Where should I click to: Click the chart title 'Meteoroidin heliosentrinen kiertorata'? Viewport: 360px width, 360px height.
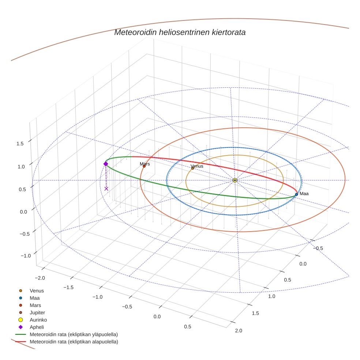click(x=180, y=32)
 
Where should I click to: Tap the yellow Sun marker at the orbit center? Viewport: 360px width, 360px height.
click(x=235, y=180)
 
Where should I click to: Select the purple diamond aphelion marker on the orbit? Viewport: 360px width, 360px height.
click(x=106, y=164)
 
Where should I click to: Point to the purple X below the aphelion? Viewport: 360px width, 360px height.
click(x=106, y=189)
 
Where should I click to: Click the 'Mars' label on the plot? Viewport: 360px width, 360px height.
click(x=145, y=164)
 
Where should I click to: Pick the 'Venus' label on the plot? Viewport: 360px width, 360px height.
click(x=197, y=166)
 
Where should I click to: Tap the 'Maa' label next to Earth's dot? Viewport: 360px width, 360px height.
click(x=304, y=194)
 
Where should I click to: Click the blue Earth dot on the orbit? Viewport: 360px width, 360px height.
click(x=296, y=194)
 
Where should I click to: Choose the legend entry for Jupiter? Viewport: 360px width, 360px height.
click(x=37, y=312)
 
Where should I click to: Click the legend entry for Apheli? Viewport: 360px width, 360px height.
click(x=37, y=327)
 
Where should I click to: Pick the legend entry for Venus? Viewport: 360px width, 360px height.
click(x=37, y=290)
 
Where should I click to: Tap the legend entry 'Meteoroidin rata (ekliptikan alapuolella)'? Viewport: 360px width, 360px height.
click(x=74, y=342)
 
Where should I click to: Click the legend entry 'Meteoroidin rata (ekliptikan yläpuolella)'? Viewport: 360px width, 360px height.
click(x=74, y=334)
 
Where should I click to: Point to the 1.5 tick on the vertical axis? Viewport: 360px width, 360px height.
click(x=20, y=143)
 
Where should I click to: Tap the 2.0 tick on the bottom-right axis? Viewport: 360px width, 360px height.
click(x=238, y=331)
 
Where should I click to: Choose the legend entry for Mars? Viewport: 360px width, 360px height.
click(x=35, y=305)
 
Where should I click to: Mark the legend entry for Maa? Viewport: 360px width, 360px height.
click(x=34, y=298)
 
